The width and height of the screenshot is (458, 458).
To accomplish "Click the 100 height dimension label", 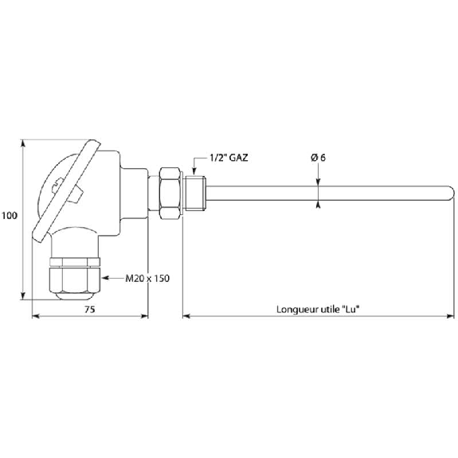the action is [10, 216].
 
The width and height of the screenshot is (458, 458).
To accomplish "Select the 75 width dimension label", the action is [90, 309].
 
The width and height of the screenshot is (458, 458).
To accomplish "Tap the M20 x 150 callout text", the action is [147, 278].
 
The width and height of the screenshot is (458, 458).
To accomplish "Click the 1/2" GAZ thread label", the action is [229, 158].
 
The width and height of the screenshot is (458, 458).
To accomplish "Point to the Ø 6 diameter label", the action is [318, 158].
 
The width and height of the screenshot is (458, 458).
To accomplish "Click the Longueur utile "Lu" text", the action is [318, 309].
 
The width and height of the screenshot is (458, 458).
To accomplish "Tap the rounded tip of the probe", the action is [452, 193].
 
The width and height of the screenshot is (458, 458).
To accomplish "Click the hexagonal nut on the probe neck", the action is [170, 193].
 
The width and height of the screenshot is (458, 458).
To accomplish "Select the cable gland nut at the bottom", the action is [75, 280].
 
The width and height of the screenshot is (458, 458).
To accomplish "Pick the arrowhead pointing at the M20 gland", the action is [105, 278].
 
